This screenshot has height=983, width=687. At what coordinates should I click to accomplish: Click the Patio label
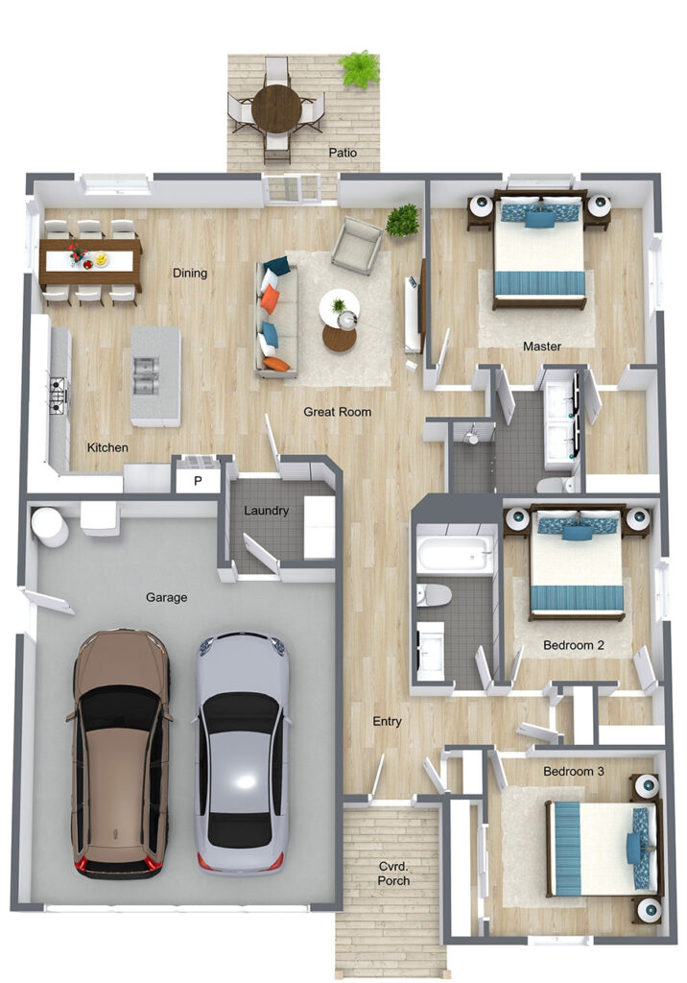click(x=343, y=153)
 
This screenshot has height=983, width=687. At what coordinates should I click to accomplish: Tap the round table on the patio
click(x=276, y=108)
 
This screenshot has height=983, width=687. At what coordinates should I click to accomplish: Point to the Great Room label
click(x=337, y=412)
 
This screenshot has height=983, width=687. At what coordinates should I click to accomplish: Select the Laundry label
click(x=267, y=511)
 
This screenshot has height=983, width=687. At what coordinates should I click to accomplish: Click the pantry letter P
click(x=198, y=482)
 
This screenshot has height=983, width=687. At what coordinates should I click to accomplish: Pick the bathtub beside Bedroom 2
click(x=456, y=554)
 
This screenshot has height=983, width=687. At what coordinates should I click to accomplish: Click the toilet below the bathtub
click(x=434, y=595)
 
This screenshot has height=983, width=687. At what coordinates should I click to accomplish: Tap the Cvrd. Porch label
click(x=393, y=874)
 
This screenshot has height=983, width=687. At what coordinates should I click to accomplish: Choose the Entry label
click(x=387, y=721)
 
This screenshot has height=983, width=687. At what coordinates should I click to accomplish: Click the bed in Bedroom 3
click(x=603, y=848)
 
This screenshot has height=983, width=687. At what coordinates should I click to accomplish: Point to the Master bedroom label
click(x=542, y=346)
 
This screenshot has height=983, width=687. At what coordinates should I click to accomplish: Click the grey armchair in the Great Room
click(x=356, y=245)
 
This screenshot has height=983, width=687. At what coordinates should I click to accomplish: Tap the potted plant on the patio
click(x=360, y=69)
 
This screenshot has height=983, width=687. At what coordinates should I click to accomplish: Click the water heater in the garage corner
click(x=50, y=527)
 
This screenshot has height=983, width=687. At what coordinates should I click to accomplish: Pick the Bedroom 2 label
click(x=574, y=645)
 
